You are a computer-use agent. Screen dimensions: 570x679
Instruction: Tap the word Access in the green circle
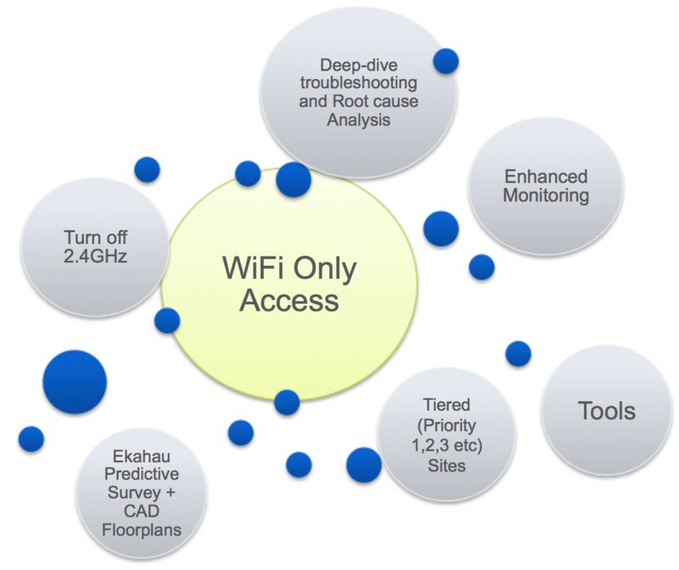pyautogui.click(x=289, y=300)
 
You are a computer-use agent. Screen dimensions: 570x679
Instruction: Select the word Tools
pyautogui.click(x=606, y=411)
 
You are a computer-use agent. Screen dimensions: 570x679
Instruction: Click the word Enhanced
pyautogui.click(x=546, y=177)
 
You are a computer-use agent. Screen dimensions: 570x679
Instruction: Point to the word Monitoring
pyautogui.click(x=546, y=195)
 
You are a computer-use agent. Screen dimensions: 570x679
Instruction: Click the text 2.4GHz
pyautogui.click(x=95, y=254)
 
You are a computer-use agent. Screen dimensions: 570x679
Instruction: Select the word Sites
pyautogui.click(x=446, y=465)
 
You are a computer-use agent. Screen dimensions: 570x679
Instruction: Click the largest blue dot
pyautogui.click(x=75, y=382)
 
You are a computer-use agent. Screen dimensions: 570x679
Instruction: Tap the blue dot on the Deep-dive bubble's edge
pyautogui.click(x=446, y=60)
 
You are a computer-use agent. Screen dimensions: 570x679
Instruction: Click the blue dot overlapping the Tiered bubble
pyautogui.click(x=364, y=464)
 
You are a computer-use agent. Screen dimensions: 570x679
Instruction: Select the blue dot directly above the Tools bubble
pyautogui.click(x=518, y=353)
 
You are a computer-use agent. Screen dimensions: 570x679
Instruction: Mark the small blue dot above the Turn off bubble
pyautogui.click(x=147, y=169)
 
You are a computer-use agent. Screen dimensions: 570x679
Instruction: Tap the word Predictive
pyautogui.click(x=134, y=477)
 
